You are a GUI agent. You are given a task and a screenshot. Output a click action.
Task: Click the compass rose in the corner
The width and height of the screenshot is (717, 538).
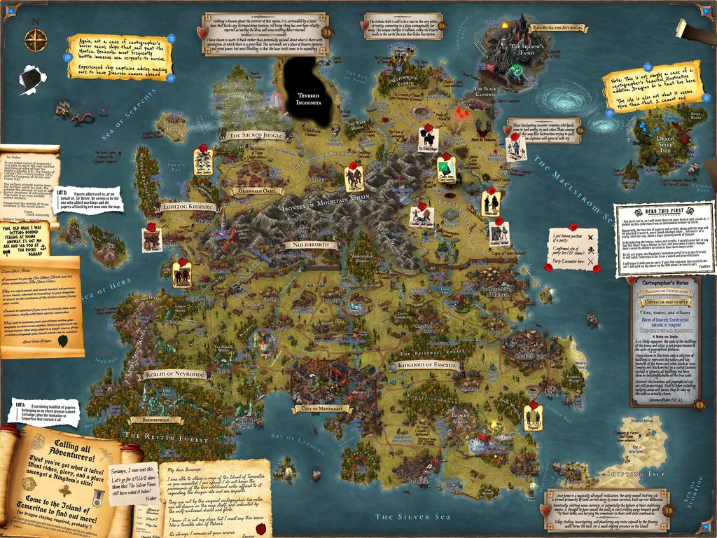tap(34, 39)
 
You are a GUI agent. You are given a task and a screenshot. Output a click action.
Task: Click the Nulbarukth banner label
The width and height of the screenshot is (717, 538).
tap(311, 245)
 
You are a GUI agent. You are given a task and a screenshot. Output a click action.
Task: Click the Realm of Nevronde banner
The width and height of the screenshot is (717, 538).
tap(174, 375)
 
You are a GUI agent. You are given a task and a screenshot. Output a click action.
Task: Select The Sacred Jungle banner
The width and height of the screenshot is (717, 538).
tap(253, 134)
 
